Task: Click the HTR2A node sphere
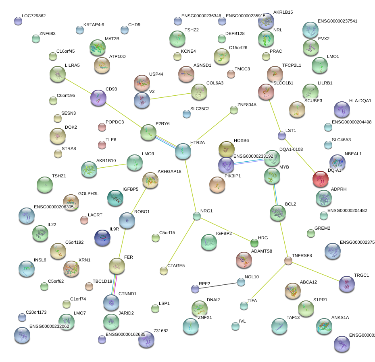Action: [183, 151]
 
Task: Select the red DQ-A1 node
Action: [321, 179]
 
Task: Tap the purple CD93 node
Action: [98, 98]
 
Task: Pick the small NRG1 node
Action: [196, 216]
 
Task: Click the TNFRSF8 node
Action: [288, 261]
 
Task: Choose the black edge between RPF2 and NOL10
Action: [218, 286]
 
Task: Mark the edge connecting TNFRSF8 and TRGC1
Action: [317, 272]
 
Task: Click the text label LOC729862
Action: [34, 16]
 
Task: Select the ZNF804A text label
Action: [247, 105]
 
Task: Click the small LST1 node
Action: [282, 135]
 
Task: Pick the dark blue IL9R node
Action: [102, 238]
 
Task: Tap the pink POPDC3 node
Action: [102, 128]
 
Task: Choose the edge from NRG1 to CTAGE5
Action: [180, 243]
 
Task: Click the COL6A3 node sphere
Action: [199, 92]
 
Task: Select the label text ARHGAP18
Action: [169, 171]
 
